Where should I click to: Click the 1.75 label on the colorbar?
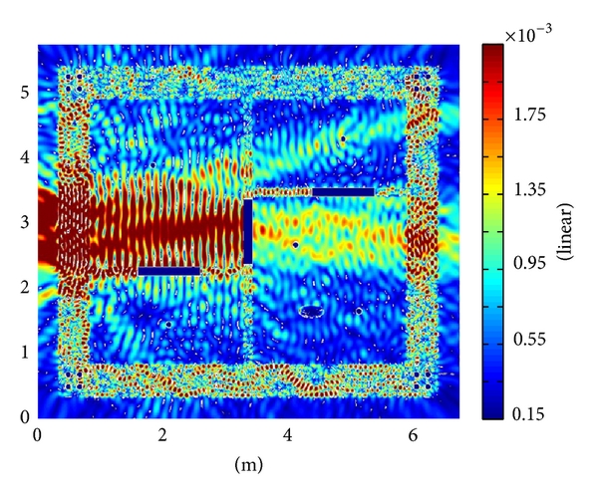click(530, 115)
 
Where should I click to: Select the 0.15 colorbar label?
click(530, 414)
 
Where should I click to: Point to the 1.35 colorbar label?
click(530, 189)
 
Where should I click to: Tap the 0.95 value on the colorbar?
click(530, 263)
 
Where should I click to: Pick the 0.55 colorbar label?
click(530, 339)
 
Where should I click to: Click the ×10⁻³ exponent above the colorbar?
click(528, 36)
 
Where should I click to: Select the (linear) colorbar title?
click(565, 231)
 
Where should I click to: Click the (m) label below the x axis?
click(248, 464)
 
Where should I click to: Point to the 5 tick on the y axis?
click(25, 93)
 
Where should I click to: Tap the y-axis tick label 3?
click(25, 222)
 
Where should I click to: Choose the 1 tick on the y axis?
click(25, 352)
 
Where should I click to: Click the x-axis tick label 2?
click(162, 434)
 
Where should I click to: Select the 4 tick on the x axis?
click(288, 434)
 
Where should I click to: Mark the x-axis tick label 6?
click(413, 434)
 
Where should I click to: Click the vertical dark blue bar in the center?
click(248, 231)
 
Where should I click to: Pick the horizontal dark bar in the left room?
click(169, 271)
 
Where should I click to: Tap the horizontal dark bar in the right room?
click(343, 192)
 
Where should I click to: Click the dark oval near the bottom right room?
click(312, 312)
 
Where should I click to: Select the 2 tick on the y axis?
click(25, 287)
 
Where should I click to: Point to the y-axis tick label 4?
click(25, 157)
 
